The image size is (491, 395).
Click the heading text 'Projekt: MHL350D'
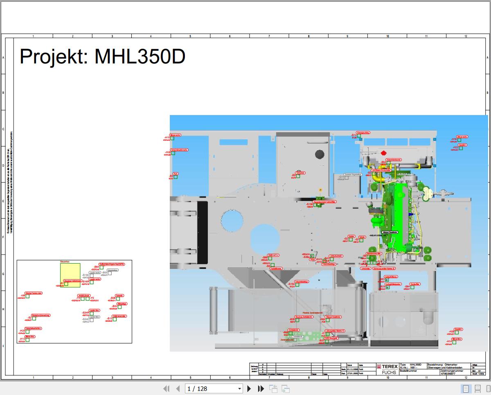102,56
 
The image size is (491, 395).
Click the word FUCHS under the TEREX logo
388,372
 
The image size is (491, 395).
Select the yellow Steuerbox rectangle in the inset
70,275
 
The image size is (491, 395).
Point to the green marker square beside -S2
34,318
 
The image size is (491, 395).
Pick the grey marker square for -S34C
91,320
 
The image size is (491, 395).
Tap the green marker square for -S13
115,319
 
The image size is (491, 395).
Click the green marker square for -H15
172,138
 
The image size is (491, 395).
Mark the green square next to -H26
173,153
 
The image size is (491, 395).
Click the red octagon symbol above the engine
383,153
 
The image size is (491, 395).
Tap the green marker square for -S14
359,136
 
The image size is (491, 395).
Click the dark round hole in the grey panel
319,155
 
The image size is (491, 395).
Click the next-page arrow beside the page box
249,388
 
